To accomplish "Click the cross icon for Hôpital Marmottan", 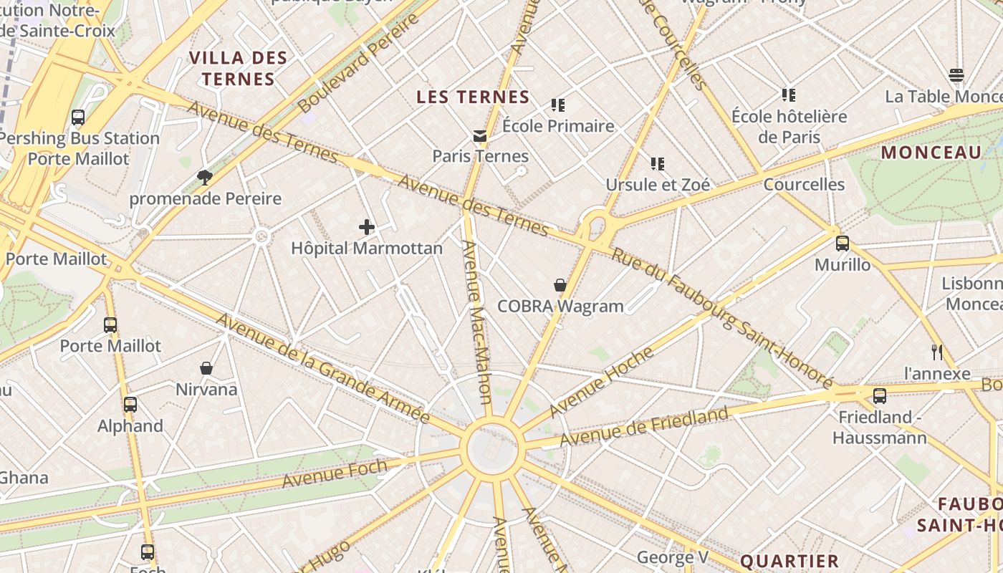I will tap(367, 228).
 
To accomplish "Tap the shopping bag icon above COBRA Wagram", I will tap(560, 285).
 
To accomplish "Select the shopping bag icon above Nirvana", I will tap(206, 368).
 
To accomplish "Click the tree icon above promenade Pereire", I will tap(205, 177).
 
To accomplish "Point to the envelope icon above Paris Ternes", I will tap(479, 135).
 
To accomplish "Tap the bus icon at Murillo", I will tap(843, 244).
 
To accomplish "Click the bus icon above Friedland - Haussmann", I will tap(880, 396).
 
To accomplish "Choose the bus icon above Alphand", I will tap(130, 405).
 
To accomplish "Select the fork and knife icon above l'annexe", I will tap(936, 352).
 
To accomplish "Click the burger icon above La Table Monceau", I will tap(956, 75).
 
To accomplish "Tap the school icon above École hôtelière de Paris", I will tap(789, 95).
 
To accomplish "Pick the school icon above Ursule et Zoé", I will tap(658, 164).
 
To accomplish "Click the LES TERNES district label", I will tap(473, 97).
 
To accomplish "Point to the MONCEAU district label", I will tap(931, 153).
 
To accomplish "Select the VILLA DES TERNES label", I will tap(238, 68).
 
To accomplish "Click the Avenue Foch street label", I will tap(335, 473).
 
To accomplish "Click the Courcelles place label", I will tap(804, 184).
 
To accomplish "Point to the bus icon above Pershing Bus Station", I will tap(78, 117).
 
